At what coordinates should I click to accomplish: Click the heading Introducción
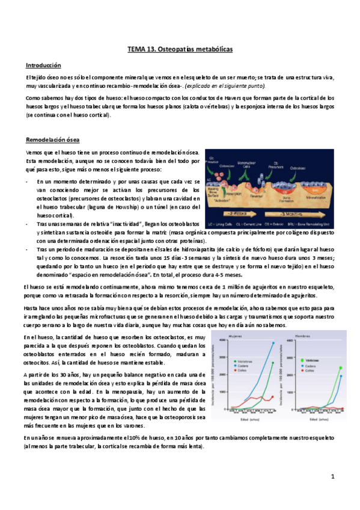click(x=44, y=65)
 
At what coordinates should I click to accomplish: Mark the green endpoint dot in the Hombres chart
click(x=341, y=367)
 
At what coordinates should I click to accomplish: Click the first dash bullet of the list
click(x=28, y=180)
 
